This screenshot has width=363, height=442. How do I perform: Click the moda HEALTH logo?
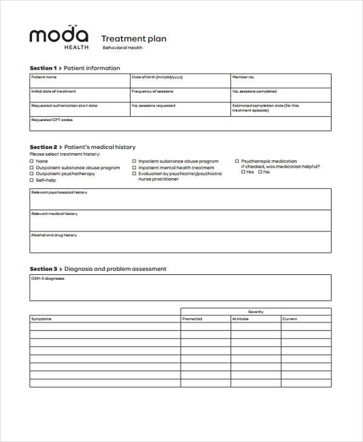[x=59, y=37]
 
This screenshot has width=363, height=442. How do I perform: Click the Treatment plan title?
[x=133, y=39]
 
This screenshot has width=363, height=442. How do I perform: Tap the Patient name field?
[x=80, y=81]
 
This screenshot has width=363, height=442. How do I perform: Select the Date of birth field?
[x=180, y=81]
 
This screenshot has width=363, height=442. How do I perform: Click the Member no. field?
[x=281, y=81]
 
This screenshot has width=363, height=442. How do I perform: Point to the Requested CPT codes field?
[x=180, y=124]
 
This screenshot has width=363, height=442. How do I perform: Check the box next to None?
[x=32, y=162]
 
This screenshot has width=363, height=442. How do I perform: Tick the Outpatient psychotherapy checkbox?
[x=32, y=174]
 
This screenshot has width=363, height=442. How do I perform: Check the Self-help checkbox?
[x=32, y=180]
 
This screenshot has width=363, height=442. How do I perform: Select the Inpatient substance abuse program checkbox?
[x=134, y=162]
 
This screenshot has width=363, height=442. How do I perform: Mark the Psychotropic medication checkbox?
[x=237, y=162]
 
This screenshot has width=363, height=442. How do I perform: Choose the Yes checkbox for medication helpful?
[x=243, y=172]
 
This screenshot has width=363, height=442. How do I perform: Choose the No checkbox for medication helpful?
[x=260, y=172]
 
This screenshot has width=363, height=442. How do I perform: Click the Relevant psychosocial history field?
[x=180, y=199]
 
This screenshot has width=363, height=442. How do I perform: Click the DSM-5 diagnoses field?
[x=180, y=288]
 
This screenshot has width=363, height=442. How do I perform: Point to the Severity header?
[x=256, y=311]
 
